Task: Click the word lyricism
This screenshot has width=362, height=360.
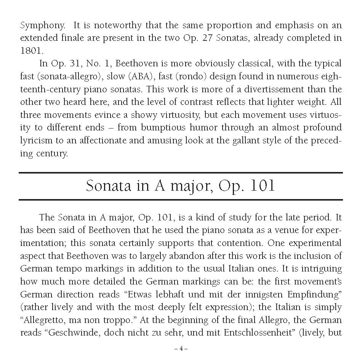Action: point(36,140)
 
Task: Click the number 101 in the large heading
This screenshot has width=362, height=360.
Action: point(261,186)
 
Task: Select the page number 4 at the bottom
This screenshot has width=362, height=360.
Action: point(181,348)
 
